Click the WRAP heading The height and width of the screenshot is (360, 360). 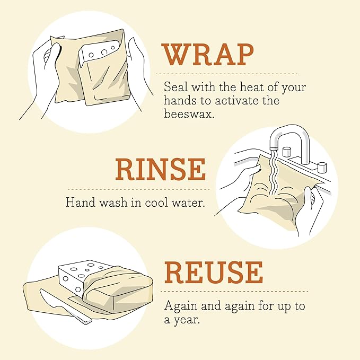tap(208, 55)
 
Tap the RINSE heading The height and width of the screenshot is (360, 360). tap(160, 170)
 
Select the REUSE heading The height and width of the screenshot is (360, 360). tap(214, 273)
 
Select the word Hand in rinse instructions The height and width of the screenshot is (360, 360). tap(78, 203)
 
